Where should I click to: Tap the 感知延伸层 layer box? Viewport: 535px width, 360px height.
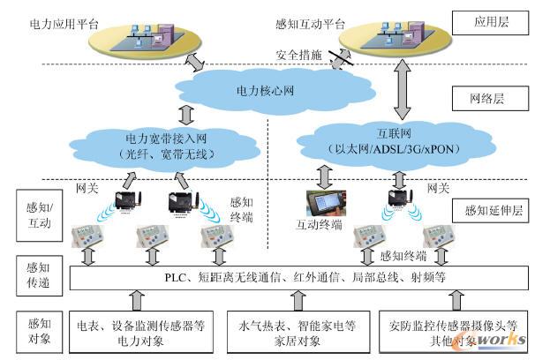[x=488, y=211]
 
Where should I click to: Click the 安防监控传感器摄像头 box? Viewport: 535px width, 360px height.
[x=443, y=332]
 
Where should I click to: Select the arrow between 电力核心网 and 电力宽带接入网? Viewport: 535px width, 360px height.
[x=185, y=116]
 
